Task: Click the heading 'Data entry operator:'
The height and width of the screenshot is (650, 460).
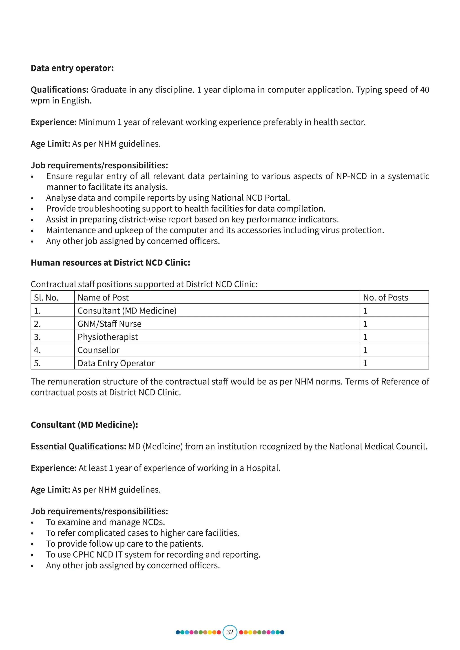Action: coord(72,68)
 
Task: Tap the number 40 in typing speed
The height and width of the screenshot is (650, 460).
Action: coord(424,90)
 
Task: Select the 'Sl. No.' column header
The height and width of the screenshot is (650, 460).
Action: coord(46,298)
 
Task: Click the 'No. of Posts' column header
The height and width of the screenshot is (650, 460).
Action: coord(385,298)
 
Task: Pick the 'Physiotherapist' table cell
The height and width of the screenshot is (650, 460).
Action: coord(108,337)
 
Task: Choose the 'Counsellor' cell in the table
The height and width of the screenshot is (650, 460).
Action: coord(99,350)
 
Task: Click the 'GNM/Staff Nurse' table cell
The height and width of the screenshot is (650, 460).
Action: coord(109,324)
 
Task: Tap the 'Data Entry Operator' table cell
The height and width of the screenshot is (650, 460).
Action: coord(116,363)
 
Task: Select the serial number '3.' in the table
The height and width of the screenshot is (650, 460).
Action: coord(37,337)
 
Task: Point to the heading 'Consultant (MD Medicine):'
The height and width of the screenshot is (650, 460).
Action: coord(84,425)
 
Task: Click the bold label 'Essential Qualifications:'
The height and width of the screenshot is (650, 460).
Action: coord(78,446)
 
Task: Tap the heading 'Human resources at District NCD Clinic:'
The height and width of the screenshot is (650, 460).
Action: coord(111,263)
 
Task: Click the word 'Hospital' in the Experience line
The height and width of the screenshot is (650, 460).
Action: coord(263,468)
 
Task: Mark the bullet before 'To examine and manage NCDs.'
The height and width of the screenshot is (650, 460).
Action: coord(32,523)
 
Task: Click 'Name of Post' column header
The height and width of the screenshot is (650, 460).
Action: coord(103,298)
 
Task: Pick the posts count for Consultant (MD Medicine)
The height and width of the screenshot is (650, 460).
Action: coord(365,311)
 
